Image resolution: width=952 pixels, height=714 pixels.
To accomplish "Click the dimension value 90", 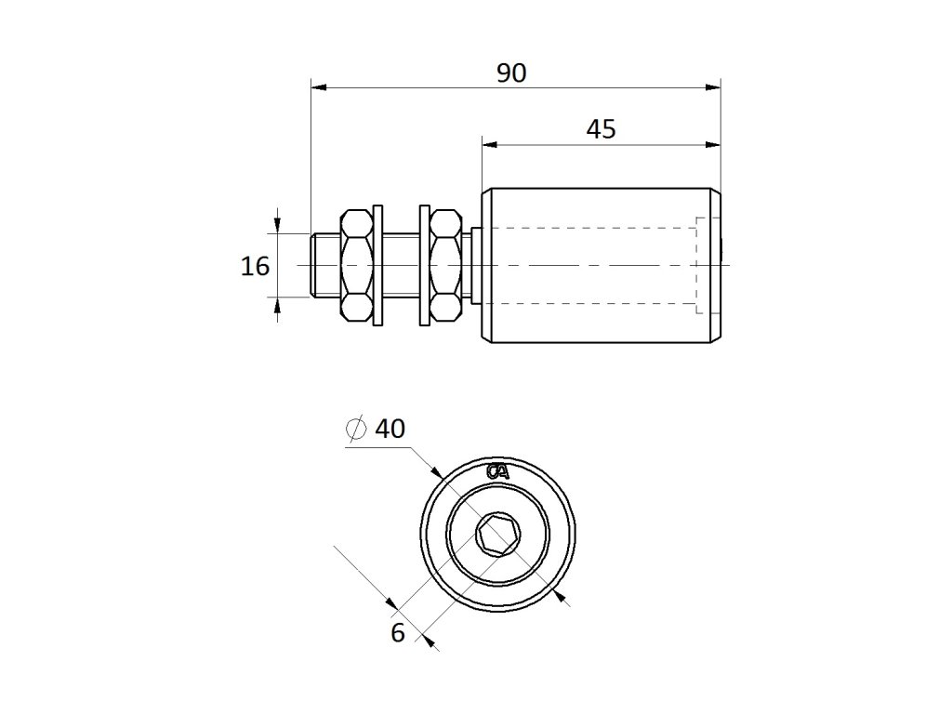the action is click(x=510, y=73).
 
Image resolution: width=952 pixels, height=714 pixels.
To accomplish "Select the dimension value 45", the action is click(x=601, y=129).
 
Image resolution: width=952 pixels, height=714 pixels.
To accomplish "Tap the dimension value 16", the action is click(x=255, y=267).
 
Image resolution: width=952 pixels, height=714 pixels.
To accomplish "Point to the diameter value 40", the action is click(x=390, y=429).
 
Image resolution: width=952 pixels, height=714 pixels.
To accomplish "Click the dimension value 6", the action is click(x=398, y=633).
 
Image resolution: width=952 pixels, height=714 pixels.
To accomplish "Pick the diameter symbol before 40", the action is click(x=354, y=429).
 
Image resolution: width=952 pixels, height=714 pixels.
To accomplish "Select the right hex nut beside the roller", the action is click(x=445, y=265).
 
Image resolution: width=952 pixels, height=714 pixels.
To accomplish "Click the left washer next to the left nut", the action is click(x=377, y=265).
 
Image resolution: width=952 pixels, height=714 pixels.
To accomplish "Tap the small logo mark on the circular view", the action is click(x=498, y=471).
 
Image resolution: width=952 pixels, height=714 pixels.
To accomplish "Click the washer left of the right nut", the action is click(x=425, y=265).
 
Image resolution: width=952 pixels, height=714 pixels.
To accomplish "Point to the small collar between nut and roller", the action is click(x=475, y=265).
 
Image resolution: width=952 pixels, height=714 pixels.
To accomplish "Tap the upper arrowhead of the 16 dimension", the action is click(x=279, y=226).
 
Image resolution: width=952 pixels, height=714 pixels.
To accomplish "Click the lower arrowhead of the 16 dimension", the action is click(x=279, y=304).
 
